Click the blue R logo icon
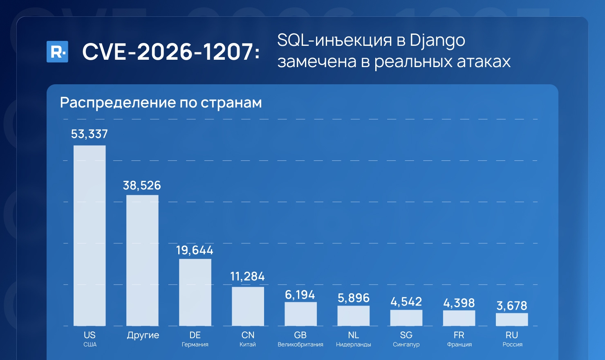pos(57,52)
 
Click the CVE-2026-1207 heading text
pos(171,52)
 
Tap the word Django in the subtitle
pos(437,40)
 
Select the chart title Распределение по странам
pos(161,103)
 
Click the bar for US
pos(90,236)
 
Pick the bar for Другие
pos(142,260)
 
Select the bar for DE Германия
pos(195,292)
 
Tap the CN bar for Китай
pos(248,306)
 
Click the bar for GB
pos(300,314)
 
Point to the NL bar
pos(354,315)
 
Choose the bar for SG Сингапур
pos(406,317)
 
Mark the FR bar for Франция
pos(459,318)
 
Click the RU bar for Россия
pos(512,319)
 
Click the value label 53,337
pos(90,134)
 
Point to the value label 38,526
pos(142,186)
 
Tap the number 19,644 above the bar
pos(195,250)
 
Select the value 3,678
pos(512,306)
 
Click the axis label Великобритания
pos(300,344)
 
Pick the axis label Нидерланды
pos(354,344)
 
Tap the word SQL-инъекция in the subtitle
pos(334,40)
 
